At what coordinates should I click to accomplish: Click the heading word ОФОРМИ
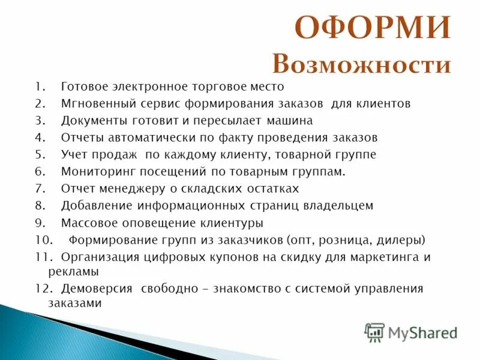tap(373, 29)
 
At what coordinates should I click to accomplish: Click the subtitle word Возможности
tap(361, 64)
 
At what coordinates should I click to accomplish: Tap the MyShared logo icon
tap(374, 332)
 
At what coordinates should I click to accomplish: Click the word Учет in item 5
tap(74, 154)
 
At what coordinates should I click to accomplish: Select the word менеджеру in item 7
tap(128, 188)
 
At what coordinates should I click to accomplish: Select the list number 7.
tap(39, 188)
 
